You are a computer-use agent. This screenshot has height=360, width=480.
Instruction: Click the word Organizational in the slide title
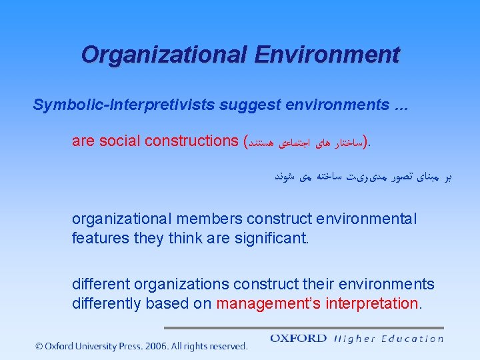click(164, 54)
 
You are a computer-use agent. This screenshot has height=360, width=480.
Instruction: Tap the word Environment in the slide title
click(327, 54)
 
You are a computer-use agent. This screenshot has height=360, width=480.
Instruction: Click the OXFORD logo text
click(298, 338)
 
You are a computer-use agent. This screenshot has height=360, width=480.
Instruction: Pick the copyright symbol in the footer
click(39, 346)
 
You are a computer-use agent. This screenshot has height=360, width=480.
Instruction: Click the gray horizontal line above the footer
click(303, 327)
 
